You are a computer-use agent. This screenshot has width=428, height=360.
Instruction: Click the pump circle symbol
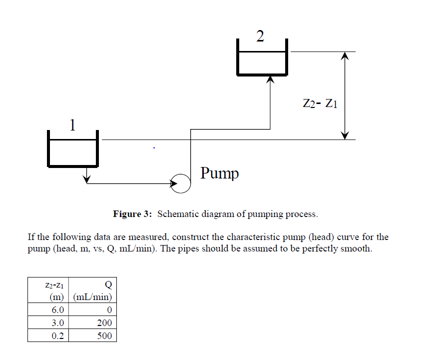point(181,183)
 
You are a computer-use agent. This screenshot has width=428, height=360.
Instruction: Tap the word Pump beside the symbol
point(220,173)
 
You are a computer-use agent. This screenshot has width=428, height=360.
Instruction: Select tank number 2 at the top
point(262,59)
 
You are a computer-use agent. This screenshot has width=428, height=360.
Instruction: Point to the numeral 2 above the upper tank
point(260,36)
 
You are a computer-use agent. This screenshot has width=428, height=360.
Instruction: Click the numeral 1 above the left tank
point(73,124)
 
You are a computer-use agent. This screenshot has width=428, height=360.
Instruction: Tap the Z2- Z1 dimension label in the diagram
point(320,103)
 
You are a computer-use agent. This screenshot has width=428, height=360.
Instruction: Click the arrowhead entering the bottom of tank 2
point(270,79)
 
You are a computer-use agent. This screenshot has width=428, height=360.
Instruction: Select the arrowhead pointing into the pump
point(174,183)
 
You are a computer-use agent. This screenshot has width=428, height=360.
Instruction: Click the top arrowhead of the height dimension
point(344,56)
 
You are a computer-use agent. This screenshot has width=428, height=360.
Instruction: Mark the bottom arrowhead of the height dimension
point(344,135)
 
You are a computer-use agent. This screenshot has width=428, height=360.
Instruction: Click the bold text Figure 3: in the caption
point(132,214)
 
